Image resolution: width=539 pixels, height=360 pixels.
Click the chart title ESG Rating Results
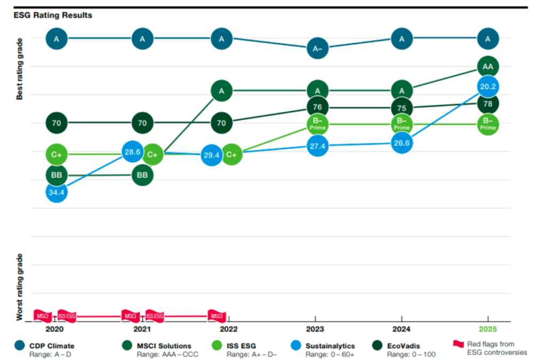[53, 15]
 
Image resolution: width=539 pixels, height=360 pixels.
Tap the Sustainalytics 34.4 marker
[57, 191]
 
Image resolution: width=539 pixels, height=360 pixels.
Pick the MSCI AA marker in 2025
[487, 67]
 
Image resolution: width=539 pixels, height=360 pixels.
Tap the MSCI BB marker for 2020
[57, 175]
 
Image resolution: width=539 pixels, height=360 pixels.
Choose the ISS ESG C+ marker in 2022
[231, 155]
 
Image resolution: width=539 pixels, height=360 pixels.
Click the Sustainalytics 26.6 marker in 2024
[401, 143]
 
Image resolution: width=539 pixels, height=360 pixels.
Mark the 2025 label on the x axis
[487, 330]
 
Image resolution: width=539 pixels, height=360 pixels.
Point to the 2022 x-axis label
[229, 330]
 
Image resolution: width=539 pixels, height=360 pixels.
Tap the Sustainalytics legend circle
[297, 346]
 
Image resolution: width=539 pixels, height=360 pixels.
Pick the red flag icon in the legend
[458, 344]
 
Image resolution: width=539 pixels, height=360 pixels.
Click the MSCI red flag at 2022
[217, 316]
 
